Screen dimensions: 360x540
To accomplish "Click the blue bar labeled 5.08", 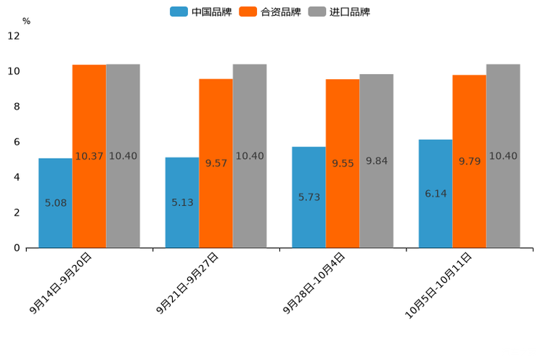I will [55, 203].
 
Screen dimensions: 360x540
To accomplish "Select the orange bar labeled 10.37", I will [89, 156].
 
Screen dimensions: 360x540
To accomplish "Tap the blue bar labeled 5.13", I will [182, 202].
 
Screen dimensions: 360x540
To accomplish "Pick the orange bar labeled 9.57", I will [216, 163].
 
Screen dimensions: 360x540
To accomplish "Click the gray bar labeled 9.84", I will [376, 161].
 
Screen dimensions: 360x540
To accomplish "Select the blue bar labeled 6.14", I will [435, 194].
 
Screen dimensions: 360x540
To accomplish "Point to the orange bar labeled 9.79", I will [470, 161].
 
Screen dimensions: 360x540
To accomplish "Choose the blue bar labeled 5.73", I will [308, 197].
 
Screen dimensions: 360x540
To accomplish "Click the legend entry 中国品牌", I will [201, 12].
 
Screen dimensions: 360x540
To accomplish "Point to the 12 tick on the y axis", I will [14, 36].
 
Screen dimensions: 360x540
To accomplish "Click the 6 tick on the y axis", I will [17, 142].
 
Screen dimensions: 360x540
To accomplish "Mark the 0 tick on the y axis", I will [17, 248].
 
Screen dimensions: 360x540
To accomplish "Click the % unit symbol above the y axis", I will [26, 21].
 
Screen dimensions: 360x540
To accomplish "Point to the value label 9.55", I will [343, 163].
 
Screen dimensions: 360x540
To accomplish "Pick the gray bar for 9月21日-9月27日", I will [250, 156].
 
